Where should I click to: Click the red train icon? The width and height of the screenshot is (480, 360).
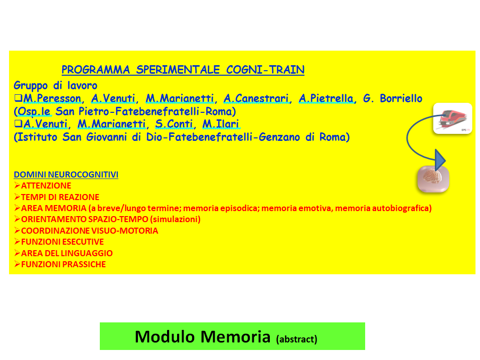(453, 118)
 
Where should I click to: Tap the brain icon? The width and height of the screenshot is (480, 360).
(433, 179)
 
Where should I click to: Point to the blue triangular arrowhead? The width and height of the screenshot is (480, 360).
(440, 160)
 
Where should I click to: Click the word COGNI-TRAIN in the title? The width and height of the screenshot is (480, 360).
(265, 70)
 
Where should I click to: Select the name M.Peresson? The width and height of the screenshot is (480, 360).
(52, 99)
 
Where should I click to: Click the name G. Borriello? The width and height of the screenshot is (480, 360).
(393, 99)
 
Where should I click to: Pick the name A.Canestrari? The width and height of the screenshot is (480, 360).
(256, 99)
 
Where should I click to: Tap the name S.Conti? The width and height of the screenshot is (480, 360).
(174, 124)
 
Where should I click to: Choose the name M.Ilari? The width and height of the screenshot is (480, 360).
(221, 124)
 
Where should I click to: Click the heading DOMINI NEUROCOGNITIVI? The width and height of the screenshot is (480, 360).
(66, 174)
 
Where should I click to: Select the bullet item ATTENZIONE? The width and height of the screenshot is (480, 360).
(46, 186)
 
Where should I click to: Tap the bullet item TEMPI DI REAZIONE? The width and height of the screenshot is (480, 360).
(60, 197)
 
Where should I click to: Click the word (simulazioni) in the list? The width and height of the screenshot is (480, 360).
(176, 219)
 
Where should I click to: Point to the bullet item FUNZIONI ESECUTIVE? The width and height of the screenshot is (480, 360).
(63, 242)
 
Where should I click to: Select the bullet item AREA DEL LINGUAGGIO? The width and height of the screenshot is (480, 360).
(67, 253)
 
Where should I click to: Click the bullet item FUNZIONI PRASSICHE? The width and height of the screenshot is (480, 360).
(63, 265)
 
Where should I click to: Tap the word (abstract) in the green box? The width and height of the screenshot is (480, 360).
(296, 339)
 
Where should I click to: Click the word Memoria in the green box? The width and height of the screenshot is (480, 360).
(235, 337)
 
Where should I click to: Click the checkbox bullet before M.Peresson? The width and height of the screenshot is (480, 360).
(18, 98)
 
